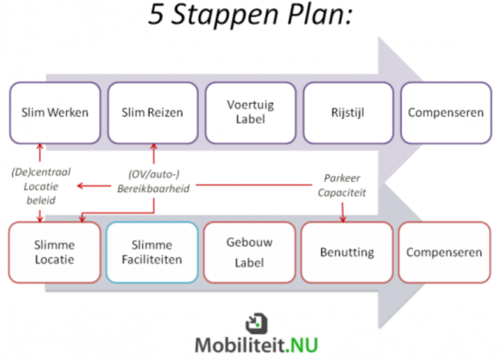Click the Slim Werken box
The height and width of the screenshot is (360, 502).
point(55,113)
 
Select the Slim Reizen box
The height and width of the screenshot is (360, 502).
point(152,113)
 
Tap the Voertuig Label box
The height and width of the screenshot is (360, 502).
point(250,113)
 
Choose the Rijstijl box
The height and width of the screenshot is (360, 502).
point(348,113)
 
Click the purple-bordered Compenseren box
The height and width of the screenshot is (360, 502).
point(446,113)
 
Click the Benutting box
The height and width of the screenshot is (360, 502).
point(347,252)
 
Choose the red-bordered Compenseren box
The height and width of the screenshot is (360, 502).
point(444,252)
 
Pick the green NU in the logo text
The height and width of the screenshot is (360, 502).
point(306,346)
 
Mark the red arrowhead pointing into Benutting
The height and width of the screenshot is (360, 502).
point(343,219)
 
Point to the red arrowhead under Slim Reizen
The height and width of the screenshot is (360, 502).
point(153,147)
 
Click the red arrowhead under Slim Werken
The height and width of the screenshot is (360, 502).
point(40,147)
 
